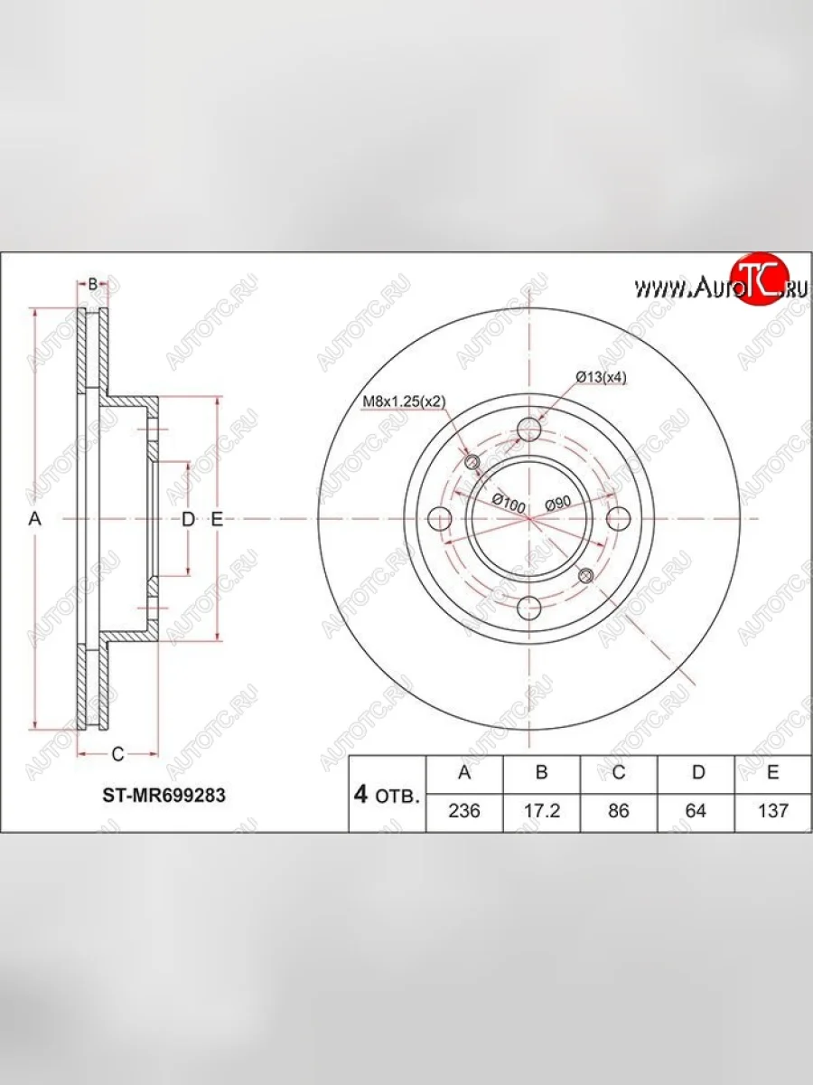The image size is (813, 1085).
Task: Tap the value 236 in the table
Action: [x=463, y=811]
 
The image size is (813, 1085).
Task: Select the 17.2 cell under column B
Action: [x=542, y=811]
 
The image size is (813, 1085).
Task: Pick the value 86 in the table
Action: [x=619, y=811]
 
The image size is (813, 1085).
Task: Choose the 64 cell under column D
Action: [x=696, y=811]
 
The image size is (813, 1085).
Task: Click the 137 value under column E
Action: [x=773, y=811]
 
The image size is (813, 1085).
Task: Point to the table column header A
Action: [x=463, y=773]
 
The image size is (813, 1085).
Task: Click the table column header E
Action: [x=773, y=773]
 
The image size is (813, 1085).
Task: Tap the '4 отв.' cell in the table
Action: [x=387, y=795]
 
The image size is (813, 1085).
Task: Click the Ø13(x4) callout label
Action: [x=601, y=378]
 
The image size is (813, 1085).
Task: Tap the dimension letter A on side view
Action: [x=35, y=519]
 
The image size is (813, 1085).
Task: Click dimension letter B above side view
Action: [x=92, y=284]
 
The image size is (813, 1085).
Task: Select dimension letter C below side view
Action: [x=117, y=753]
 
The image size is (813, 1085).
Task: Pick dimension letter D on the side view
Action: [x=188, y=519]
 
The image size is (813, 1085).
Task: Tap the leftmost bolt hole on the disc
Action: [x=440, y=519]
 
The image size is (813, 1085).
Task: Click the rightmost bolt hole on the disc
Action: [x=619, y=519]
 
